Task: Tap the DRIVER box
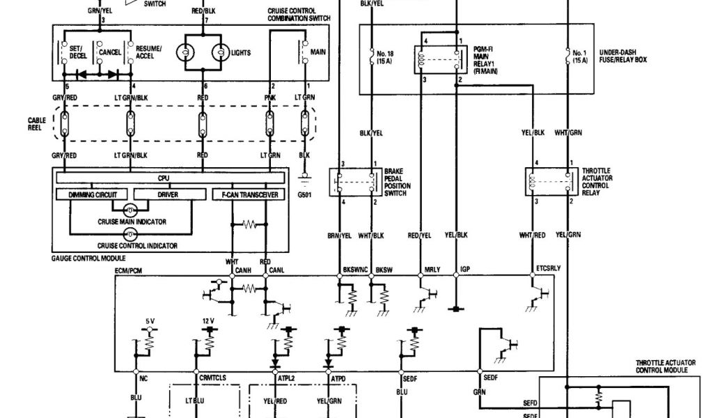tap(166, 194)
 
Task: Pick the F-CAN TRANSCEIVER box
tap(248, 194)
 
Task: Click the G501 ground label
tap(304, 194)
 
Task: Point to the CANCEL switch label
tap(110, 52)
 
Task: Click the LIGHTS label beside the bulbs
tap(240, 52)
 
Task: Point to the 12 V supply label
tap(207, 321)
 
